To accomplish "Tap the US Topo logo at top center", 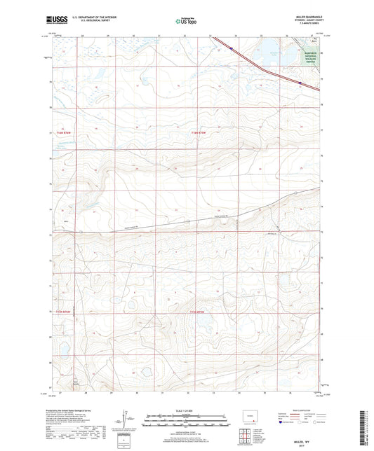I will pyautogui.click(x=186, y=22).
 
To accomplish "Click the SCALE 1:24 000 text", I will pyautogui.click(x=186, y=410).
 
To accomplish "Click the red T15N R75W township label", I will pyautogui.click(x=201, y=312).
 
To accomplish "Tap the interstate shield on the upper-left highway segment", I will pyautogui.click(x=231, y=48).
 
